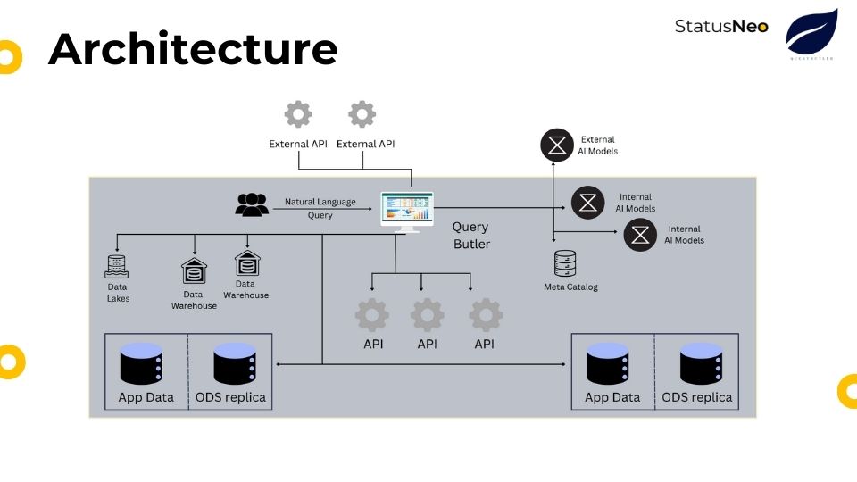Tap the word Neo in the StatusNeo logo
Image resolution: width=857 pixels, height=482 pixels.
pyautogui.click(x=750, y=26)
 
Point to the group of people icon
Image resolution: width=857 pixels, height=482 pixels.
pyautogui.click(x=252, y=204)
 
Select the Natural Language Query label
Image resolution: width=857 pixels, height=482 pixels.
pyautogui.click(x=320, y=209)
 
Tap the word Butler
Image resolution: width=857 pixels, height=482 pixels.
pyautogui.click(x=471, y=244)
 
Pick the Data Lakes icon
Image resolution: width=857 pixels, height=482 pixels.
pyautogui.click(x=117, y=265)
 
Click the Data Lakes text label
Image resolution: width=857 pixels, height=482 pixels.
pyautogui.click(x=118, y=293)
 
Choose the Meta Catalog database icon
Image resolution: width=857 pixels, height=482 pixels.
pyautogui.click(x=565, y=264)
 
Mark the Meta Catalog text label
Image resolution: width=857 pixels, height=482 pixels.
pyautogui.click(x=570, y=287)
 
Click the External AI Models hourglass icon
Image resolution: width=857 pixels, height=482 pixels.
pyautogui.click(x=557, y=145)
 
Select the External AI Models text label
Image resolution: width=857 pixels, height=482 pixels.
pyautogui.click(x=599, y=145)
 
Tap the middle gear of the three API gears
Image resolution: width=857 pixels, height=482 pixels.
pyautogui.click(x=428, y=315)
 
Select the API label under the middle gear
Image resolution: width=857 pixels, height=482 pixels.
pyautogui.click(x=428, y=344)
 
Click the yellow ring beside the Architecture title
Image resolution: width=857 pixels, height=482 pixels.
pyautogui.click(x=7, y=57)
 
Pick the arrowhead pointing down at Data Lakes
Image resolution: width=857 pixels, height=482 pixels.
pyautogui.click(x=117, y=250)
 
